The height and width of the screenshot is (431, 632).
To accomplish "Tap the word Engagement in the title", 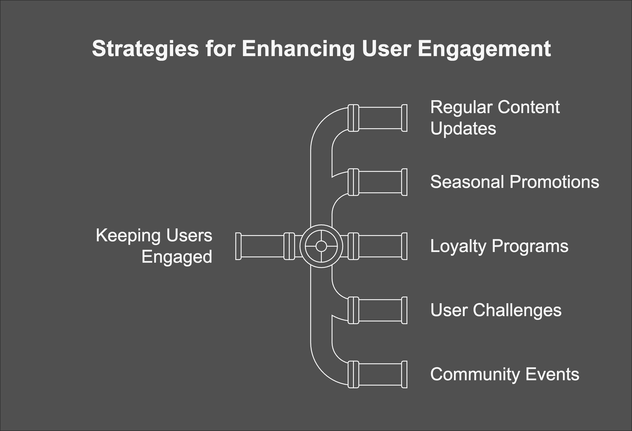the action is click(484, 49).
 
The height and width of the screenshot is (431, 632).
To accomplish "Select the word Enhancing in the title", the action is click(298, 49).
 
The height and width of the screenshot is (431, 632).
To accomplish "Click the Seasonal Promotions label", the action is click(515, 182).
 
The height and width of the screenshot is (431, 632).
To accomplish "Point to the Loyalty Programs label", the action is click(499, 246).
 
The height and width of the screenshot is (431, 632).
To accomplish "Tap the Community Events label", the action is click(505, 374).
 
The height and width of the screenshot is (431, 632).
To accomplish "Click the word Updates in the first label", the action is click(463, 128).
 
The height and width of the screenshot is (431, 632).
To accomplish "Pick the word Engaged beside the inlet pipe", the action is click(177, 257).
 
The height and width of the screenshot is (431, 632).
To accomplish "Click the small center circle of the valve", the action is click(321, 246).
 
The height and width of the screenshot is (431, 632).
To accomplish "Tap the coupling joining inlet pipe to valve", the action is click(289, 246).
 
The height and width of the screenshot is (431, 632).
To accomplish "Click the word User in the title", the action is click(386, 49).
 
